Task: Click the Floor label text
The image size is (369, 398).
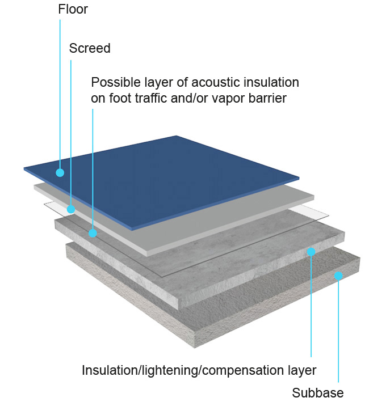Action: (x=73, y=10)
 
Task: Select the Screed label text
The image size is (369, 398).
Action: (x=90, y=48)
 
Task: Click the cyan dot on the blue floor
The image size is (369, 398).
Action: (x=60, y=172)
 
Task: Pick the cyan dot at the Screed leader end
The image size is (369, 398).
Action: (x=71, y=209)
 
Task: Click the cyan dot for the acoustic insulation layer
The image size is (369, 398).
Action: (x=93, y=232)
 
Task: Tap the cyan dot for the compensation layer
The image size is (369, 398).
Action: (x=311, y=251)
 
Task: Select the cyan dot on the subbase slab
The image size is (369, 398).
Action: (x=338, y=276)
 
